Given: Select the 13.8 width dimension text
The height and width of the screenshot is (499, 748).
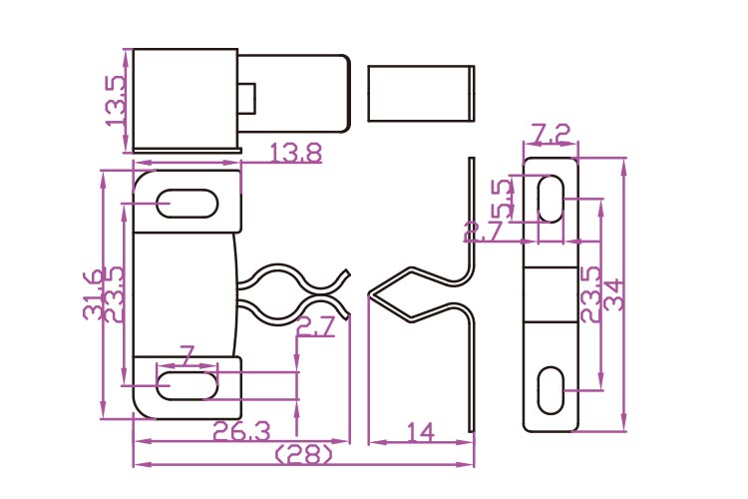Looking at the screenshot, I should (x=295, y=153).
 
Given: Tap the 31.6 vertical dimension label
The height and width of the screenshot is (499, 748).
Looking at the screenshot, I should (x=92, y=295).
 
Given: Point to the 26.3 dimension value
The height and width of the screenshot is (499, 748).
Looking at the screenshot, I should (x=239, y=431).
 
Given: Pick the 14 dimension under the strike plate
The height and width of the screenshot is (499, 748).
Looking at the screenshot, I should (x=421, y=431).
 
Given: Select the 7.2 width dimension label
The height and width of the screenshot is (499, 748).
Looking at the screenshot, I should (x=551, y=134).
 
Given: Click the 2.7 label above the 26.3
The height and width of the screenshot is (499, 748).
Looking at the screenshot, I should (x=315, y=324).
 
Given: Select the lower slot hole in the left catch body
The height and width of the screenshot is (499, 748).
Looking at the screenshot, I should (x=187, y=385).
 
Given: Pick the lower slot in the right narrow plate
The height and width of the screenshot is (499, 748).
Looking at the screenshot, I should (x=550, y=389).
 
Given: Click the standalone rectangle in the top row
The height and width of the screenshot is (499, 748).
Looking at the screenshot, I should (x=420, y=93).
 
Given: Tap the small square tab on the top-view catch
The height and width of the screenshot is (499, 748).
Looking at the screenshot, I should (x=248, y=97).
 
